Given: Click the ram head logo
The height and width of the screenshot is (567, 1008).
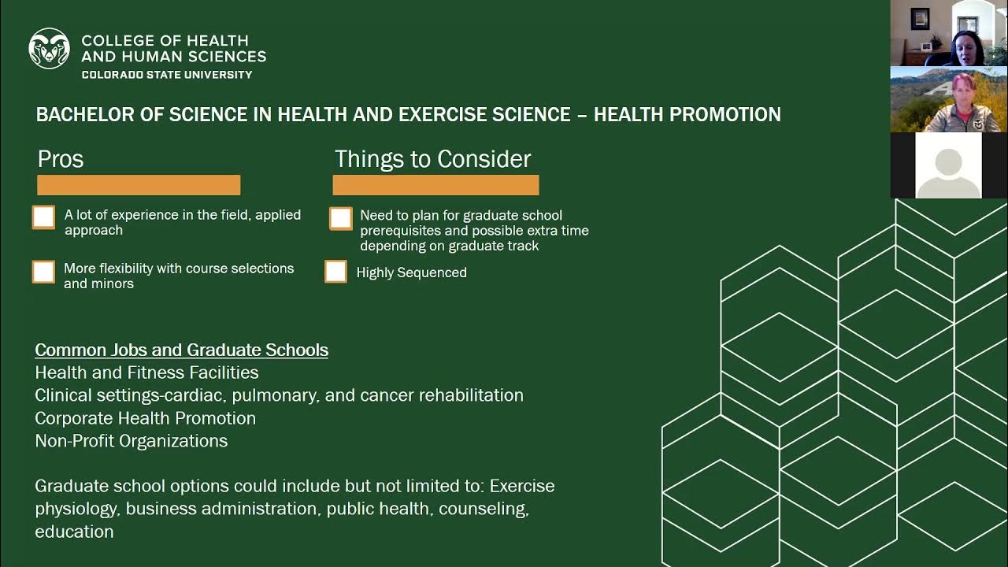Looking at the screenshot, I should [x=49, y=48].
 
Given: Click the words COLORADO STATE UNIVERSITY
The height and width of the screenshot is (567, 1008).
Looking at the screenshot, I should [x=167, y=75].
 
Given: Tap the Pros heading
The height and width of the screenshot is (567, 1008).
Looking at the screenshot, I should [x=61, y=159].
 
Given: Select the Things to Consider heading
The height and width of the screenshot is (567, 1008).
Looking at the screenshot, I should [x=432, y=159].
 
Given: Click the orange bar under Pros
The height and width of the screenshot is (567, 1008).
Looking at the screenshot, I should [x=139, y=185].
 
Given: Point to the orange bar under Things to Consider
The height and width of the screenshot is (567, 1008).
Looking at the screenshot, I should [x=435, y=185].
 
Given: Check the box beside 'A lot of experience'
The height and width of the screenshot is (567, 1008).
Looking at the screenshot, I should [x=44, y=217].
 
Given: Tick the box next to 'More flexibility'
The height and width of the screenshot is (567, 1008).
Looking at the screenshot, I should [x=44, y=272].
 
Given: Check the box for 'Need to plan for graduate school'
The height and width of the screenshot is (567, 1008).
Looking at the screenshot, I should [x=341, y=218].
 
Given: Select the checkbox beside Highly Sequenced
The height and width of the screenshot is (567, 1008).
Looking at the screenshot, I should [x=335, y=272].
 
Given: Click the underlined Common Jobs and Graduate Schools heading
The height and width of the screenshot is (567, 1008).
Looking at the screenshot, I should [x=181, y=350].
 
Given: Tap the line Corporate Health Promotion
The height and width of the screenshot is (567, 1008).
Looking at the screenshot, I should [x=146, y=418].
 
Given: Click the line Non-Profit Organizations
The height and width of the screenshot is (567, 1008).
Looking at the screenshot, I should [x=132, y=441].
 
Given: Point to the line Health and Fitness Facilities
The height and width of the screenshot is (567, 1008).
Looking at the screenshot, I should [x=146, y=372].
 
